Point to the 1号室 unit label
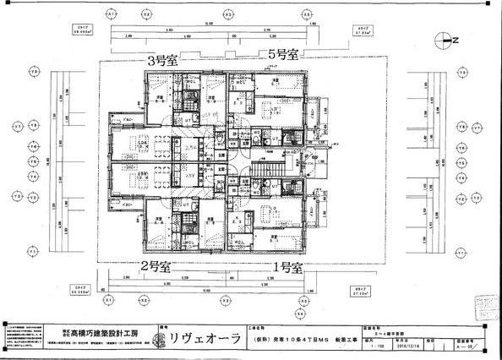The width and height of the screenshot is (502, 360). click(286, 268)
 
